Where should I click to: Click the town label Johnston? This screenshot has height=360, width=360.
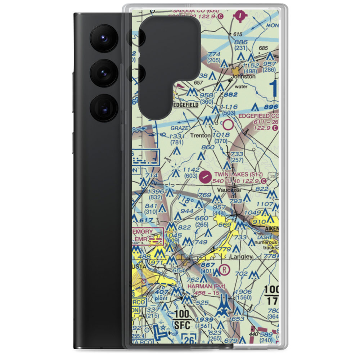[x=243, y=76]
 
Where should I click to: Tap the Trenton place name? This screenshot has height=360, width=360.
[x=201, y=135]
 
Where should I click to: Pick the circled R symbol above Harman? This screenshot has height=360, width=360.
[x=224, y=268]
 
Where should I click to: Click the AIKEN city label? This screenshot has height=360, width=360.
[x=273, y=229]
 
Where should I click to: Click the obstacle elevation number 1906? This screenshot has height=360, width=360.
[x=243, y=292]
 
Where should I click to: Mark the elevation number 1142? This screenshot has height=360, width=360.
[x=191, y=170]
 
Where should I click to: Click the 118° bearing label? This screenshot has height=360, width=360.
[x=186, y=200]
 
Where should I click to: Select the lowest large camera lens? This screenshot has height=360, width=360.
[x=103, y=107]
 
